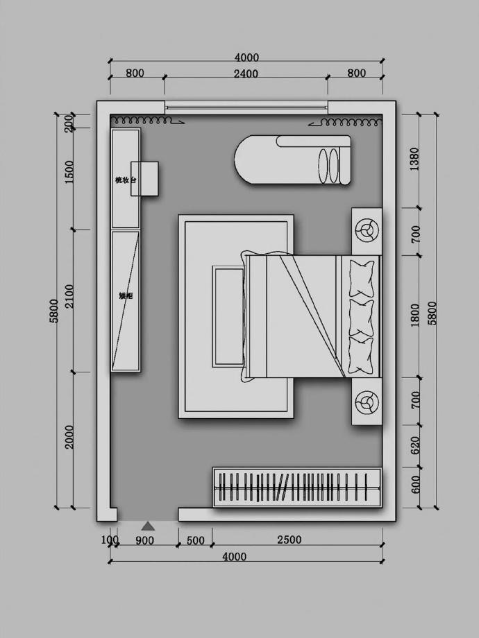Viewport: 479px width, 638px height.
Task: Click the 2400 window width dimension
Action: tap(246, 74)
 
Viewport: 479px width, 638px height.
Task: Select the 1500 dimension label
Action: tap(69, 171)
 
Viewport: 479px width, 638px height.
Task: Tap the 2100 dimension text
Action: tap(69, 300)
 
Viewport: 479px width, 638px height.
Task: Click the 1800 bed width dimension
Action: tap(415, 315)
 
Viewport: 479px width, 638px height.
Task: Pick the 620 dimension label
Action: tap(415, 444)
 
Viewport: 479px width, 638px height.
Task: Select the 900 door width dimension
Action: tap(144, 540)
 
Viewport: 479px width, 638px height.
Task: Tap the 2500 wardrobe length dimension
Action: tap(289, 540)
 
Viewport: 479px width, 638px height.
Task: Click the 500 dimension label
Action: tap(196, 540)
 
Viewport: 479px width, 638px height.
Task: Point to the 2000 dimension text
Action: tap(69, 437)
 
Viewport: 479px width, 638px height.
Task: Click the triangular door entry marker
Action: tap(148, 526)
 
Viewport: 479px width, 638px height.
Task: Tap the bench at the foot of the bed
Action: tap(228, 316)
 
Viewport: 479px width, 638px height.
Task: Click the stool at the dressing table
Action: tap(146, 178)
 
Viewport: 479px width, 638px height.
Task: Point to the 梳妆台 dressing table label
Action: tap(126, 180)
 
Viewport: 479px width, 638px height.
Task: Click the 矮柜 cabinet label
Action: tap(126, 296)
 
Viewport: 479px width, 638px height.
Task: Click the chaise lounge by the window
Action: tap(293, 159)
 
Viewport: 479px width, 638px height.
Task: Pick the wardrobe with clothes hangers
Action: tap(296, 487)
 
